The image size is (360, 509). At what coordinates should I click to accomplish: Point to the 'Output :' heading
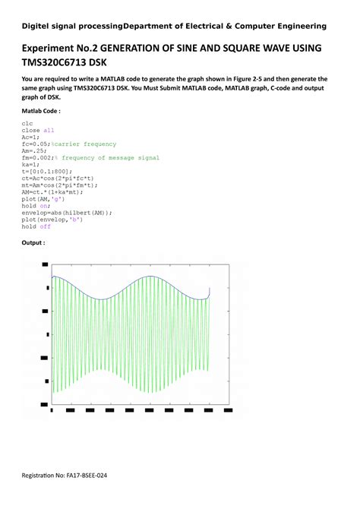click(x=33, y=243)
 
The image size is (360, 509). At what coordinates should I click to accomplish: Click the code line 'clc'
click(x=27, y=122)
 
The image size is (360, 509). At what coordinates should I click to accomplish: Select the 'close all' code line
click(x=37, y=130)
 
